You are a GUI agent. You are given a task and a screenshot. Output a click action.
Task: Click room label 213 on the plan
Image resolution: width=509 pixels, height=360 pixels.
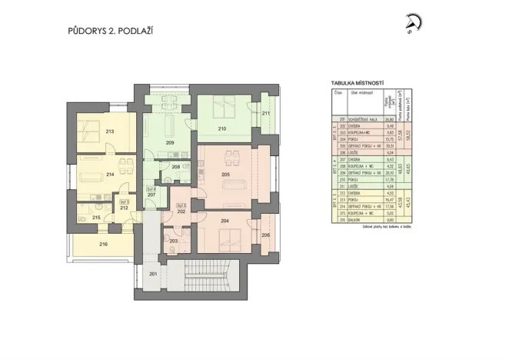(x=110, y=132)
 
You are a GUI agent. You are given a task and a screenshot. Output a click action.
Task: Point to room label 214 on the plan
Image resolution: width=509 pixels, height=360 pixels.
(x=110, y=175)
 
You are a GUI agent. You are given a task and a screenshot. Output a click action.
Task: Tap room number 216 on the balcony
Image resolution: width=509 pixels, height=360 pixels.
(x=104, y=244)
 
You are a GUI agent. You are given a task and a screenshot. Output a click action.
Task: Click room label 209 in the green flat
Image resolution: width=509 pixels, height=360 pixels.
(x=169, y=143)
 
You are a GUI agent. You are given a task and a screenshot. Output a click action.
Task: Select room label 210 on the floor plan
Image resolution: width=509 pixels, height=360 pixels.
(x=222, y=128)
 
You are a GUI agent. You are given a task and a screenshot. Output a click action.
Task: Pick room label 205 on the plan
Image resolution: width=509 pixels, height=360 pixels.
(x=225, y=175)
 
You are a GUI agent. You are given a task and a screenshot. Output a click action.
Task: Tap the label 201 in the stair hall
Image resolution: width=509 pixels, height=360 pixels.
(x=152, y=274)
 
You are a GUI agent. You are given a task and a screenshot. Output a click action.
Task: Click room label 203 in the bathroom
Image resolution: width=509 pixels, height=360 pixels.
(x=174, y=242)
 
